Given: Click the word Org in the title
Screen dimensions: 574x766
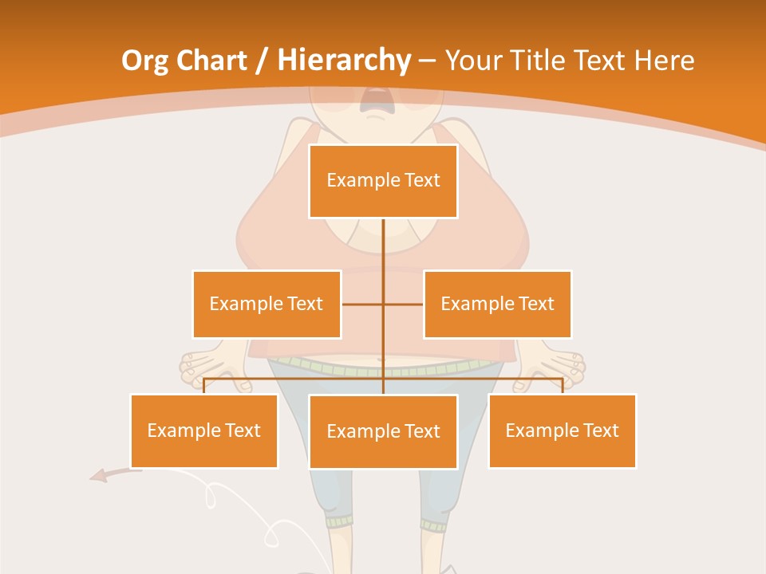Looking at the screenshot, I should point(145,61).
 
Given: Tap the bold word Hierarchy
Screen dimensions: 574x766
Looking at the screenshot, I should point(343,61).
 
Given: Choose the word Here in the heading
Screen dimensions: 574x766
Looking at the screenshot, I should point(664,61).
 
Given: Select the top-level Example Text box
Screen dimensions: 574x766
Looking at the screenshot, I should point(383,181).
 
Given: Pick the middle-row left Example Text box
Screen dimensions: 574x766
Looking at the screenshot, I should point(267,304).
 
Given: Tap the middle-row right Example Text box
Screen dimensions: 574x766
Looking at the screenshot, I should point(497,304).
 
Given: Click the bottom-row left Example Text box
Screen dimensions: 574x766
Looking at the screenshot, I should point(203,431).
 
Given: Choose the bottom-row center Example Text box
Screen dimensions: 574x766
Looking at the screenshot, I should point(383,431).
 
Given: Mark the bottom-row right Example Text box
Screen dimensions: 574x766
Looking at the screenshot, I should point(562,431).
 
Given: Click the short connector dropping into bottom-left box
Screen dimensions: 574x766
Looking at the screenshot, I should point(203,386).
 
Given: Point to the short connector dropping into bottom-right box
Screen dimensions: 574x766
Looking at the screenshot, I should point(563,386).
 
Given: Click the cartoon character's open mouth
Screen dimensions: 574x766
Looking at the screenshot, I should point(373,100).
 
